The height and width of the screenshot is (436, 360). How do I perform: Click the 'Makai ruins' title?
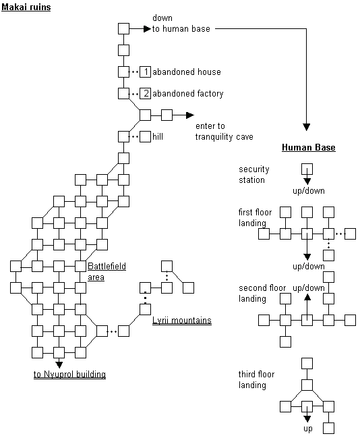click(26, 7)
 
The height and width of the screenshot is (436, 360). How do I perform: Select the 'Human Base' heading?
click(309, 147)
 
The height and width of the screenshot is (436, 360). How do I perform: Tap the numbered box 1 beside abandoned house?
click(145, 72)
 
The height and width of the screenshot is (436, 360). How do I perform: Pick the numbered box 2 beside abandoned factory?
click(145, 93)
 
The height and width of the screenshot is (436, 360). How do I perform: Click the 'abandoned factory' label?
click(188, 94)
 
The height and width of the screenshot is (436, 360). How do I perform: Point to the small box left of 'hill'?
click(145, 137)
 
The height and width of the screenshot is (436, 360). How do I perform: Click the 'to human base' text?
click(181, 28)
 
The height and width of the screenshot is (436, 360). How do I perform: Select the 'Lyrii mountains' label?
click(182, 321)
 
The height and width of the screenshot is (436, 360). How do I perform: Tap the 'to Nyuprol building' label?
click(69, 375)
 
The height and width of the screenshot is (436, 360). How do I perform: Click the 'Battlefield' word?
click(107, 266)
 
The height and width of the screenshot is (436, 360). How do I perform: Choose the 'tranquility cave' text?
click(224, 137)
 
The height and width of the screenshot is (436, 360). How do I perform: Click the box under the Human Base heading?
click(307, 169)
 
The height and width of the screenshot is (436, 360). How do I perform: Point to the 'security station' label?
click(254, 174)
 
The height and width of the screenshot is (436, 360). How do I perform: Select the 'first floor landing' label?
click(255, 217)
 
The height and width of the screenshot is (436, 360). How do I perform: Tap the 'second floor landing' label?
click(262, 293)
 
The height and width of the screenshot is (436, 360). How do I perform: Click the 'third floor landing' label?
click(256, 379)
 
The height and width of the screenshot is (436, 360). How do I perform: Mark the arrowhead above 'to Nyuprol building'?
click(59, 364)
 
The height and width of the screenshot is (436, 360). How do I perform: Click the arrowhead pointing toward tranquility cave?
click(190, 115)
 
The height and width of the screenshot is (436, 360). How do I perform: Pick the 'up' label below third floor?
click(308, 429)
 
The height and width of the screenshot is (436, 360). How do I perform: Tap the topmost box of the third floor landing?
click(307, 364)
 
